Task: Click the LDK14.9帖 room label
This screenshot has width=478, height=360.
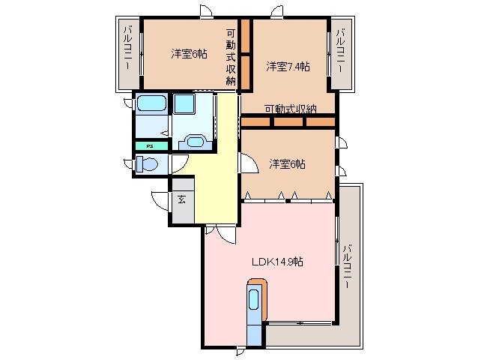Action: [277, 262]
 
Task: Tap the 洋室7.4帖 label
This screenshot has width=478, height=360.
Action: [288, 67]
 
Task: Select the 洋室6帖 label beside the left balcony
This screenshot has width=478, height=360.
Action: [187, 53]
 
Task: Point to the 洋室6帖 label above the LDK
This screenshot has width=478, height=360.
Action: [288, 164]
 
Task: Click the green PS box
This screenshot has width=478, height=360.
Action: [150, 146]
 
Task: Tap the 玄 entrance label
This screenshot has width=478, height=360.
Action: [182, 199]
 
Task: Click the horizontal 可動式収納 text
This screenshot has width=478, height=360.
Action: [290, 109]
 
